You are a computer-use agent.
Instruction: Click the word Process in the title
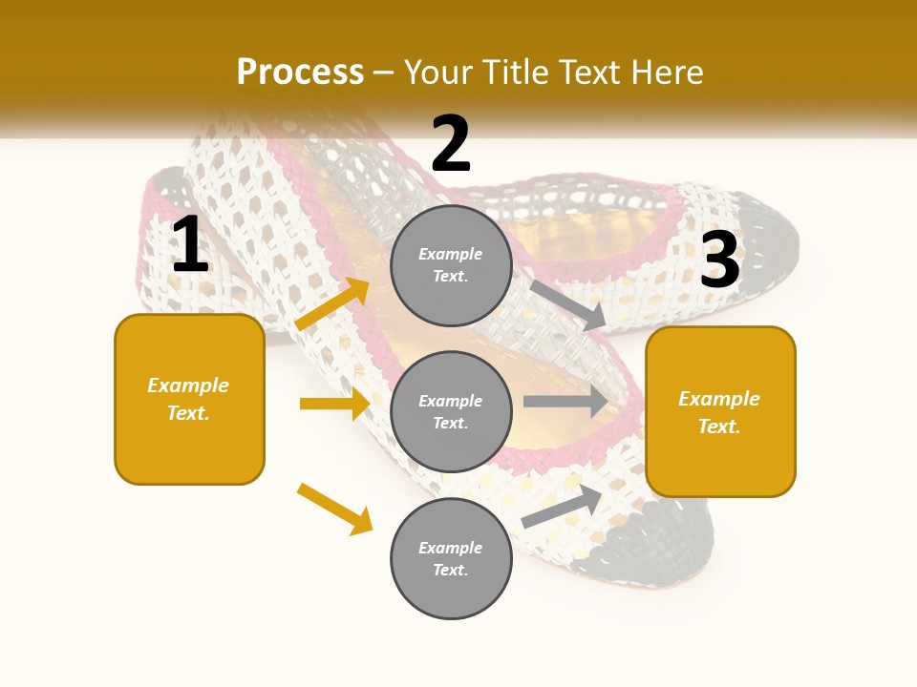pyautogui.click(x=300, y=73)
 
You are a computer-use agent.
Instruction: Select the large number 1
pyautogui.click(x=189, y=245)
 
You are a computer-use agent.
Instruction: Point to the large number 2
pyautogui.click(x=451, y=144)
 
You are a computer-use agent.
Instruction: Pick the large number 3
pyautogui.click(x=719, y=260)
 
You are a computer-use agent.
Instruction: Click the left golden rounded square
pyautogui.click(x=189, y=399)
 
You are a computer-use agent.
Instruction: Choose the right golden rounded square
pyautogui.click(x=720, y=412)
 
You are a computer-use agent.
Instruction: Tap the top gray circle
pyautogui.click(x=451, y=265)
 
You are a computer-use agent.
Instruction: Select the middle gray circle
pyautogui.click(x=451, y=412)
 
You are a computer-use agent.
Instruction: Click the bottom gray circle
pyautogui.click(x=451, y=559)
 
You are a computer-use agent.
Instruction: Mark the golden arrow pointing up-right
pyautogui.click(x=332, y=304)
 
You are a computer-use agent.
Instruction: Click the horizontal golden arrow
pyautogui.click(x=334, y=404)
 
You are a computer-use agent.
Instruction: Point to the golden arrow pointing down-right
pyautogui.click(x=334, y=509)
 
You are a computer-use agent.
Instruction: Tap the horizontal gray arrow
pyautogui.click(x=565, y=402)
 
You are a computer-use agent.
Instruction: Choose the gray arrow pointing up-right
pyautogui.click(x=562, y=507)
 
